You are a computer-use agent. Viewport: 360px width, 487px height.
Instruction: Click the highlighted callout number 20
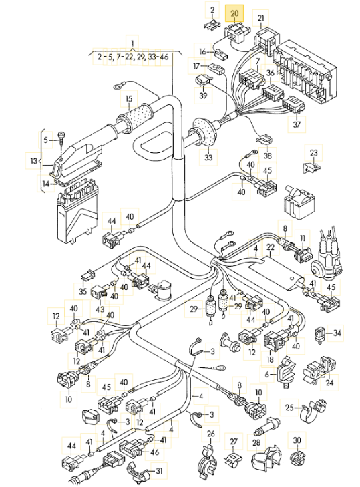click(234, 13)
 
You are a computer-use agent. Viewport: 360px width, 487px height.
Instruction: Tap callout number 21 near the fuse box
click(260, 18)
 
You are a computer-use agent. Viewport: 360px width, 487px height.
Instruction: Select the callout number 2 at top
click(212, 9)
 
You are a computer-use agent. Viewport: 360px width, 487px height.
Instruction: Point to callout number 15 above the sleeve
click(129, 99)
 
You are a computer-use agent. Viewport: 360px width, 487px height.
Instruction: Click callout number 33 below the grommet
click(208, 158)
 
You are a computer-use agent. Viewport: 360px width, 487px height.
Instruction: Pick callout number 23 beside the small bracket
click(314, 152)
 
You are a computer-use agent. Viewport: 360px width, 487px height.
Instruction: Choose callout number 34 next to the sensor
click(337, 333)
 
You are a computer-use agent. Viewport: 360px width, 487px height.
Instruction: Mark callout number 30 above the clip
click(297, 440)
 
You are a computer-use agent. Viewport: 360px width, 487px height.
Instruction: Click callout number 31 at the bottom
click(159, 471)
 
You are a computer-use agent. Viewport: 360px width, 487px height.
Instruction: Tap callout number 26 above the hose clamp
click(210, 434)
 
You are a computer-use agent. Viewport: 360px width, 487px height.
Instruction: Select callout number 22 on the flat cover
click(271, 247)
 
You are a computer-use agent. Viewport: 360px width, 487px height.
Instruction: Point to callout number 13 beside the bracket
click(34, 161)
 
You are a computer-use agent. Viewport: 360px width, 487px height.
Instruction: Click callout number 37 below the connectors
click(297, 124)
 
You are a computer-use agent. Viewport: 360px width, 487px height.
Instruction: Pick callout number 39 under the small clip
click(203, 95)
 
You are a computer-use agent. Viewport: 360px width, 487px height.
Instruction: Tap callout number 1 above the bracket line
click(132, 43)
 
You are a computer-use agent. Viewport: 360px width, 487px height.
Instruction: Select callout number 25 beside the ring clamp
click(289, 408)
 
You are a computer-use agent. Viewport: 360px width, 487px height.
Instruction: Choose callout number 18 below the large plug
click(270, 359)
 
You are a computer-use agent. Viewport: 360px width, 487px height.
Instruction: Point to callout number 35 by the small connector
click(83, 291)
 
